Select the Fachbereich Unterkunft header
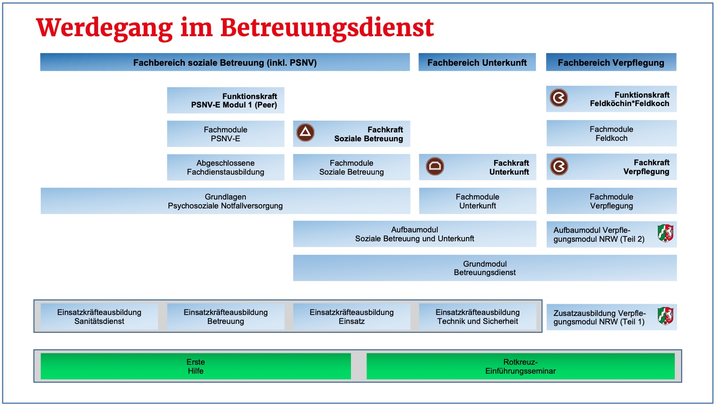tap(477, 62)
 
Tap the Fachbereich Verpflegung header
tap(611, 62)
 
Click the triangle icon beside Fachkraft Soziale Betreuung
tap(305, 133)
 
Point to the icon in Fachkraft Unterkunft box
tap(435, 166)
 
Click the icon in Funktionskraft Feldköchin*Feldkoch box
tap(559, 98)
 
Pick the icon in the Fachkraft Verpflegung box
tap(559, 166)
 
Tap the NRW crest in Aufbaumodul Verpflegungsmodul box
tap(665, 233)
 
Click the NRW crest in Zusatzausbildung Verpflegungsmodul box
tap(665, 316)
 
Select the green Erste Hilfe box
tap(196, 366)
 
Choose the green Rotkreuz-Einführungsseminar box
tap(520, 366)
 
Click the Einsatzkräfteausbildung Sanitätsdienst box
tap(99, 316)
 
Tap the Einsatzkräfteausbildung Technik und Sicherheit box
tap(478, 316)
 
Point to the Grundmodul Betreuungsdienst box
tap(485, 268)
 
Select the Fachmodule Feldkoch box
tap(611, 133)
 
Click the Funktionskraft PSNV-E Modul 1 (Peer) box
tap(226, 100)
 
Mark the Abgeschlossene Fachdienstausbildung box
tap(226, 167)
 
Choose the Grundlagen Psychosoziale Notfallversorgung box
tap(225, 201)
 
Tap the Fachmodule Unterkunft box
tap(478, 201)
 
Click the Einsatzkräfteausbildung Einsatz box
tap(351, 316)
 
